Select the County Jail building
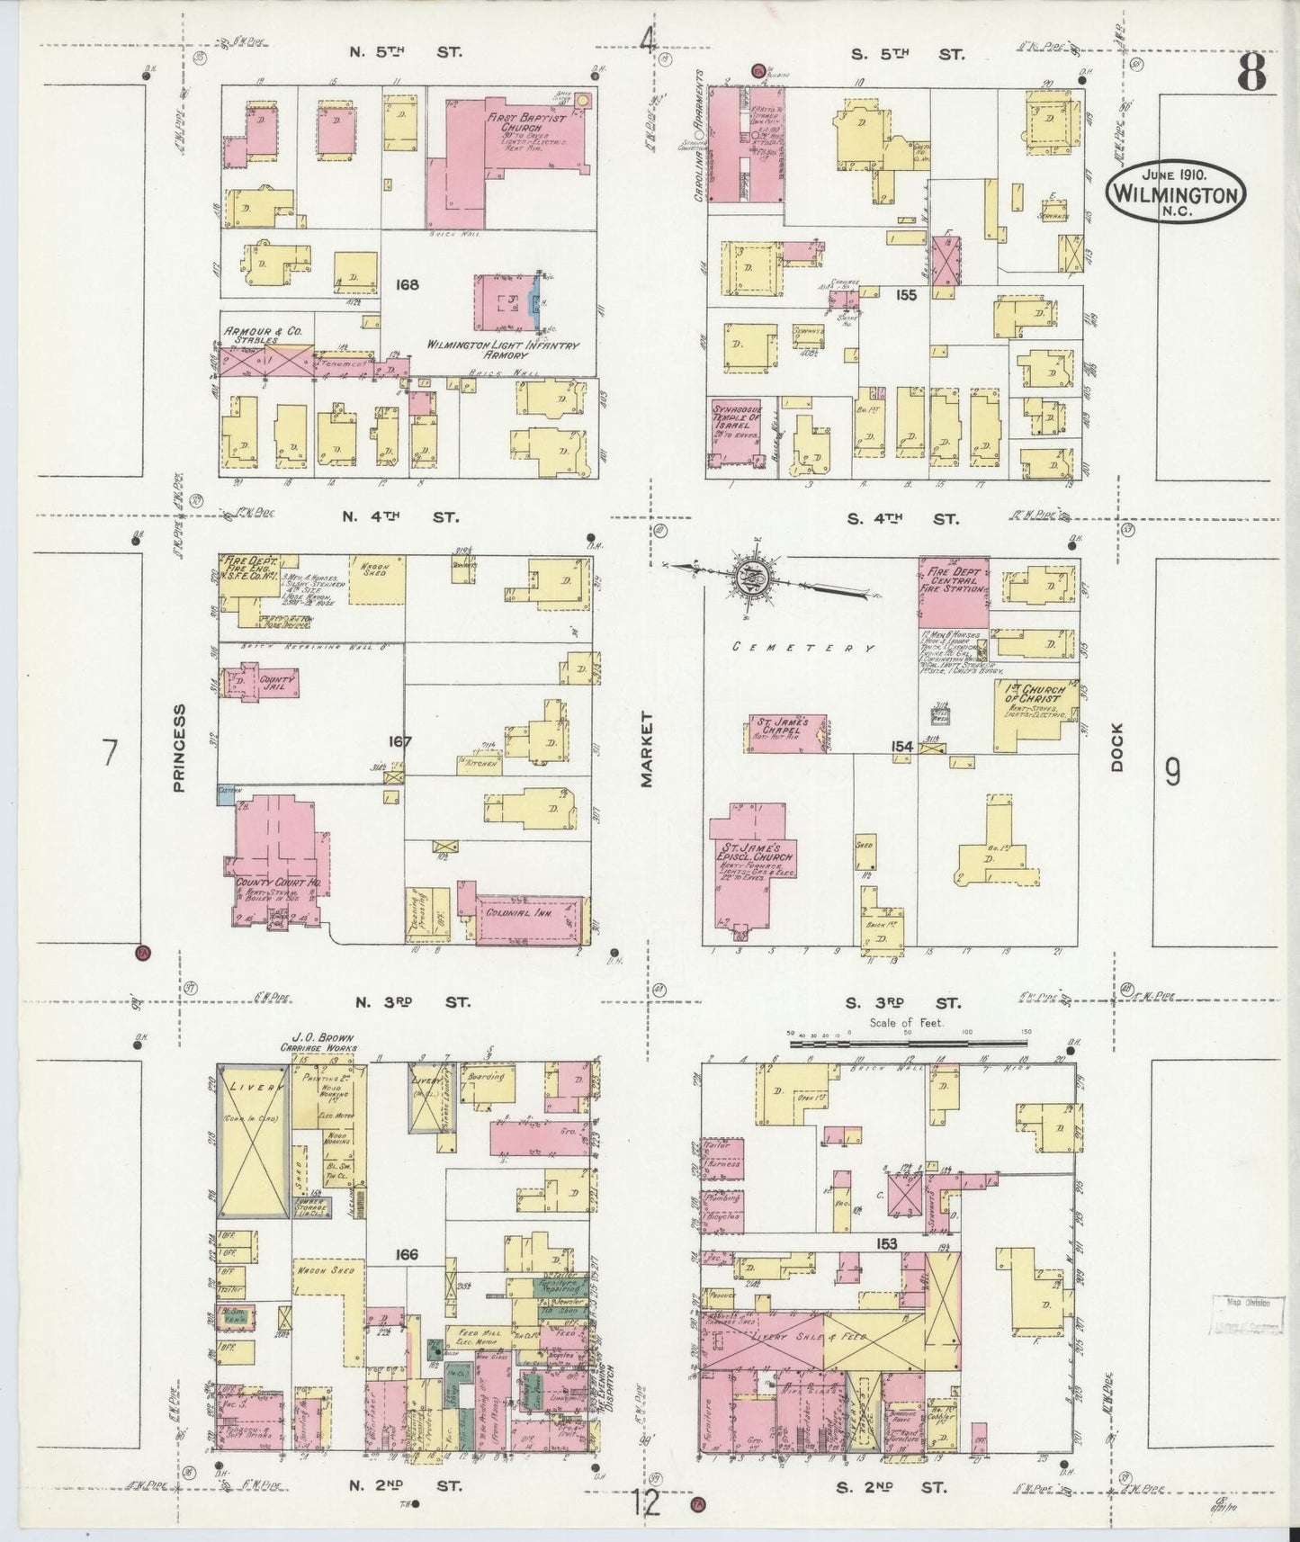coord(256,683)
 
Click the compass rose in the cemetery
coord(749,580)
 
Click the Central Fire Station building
coord(953,591)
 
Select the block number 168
coord(408,285)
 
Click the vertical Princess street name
coord(178,748)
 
